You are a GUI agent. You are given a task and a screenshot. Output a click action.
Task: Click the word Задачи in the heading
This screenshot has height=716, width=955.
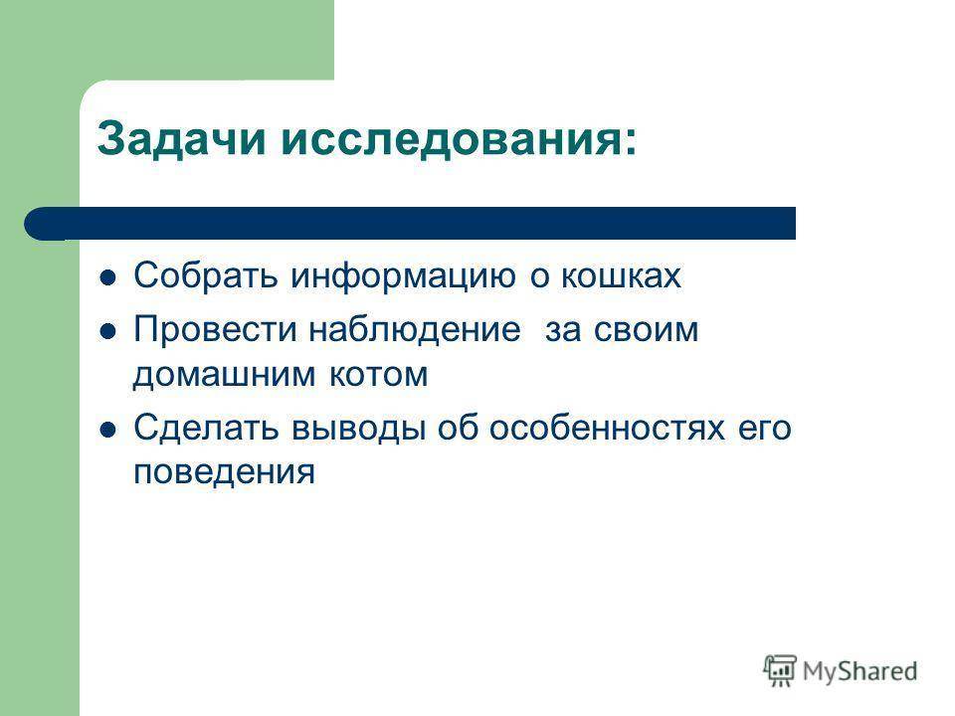pos(181,140)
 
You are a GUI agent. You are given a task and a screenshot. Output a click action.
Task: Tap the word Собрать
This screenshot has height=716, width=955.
pos(206,275)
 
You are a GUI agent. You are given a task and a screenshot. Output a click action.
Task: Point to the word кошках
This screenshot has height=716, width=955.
pos(621,275)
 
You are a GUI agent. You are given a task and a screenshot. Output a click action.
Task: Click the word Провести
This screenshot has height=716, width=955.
pos(215,330)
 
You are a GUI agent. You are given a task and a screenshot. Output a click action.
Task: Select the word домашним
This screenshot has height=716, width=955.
pos(224,376)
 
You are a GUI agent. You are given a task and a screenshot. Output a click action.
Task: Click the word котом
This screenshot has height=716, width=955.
pos(378,375)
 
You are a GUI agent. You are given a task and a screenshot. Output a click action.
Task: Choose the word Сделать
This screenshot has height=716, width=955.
pos(206,429)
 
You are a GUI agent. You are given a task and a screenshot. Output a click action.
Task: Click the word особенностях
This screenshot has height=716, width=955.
pos(607,428)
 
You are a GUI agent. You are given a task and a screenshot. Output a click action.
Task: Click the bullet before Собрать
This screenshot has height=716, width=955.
pos(107,278)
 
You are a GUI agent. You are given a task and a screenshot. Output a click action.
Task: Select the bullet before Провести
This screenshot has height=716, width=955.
pos(107,332)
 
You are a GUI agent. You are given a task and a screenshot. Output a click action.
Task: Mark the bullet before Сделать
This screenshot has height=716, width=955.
pos(107,431)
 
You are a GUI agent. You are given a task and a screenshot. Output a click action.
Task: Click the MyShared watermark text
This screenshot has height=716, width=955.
pos(859,671)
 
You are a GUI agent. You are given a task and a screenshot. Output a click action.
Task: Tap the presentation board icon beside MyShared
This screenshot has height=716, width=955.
pos(780,671)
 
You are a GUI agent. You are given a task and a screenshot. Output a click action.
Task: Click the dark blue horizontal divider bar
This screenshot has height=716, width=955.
pos(410,224)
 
